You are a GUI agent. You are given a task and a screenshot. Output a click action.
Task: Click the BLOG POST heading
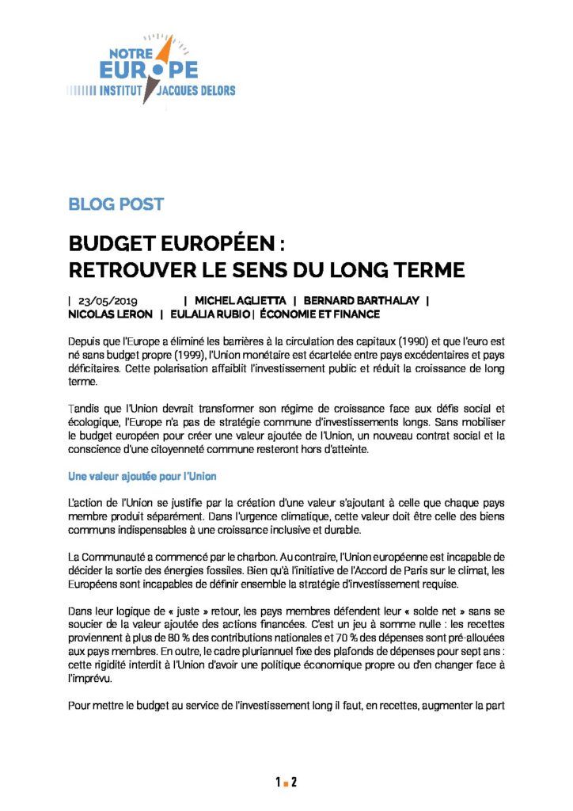(116, 204)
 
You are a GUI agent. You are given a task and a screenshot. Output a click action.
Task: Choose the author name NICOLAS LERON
(110, 314)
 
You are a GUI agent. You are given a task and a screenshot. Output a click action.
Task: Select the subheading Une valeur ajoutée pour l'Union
(142, 477)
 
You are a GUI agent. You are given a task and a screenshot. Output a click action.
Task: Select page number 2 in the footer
(294, 783)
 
